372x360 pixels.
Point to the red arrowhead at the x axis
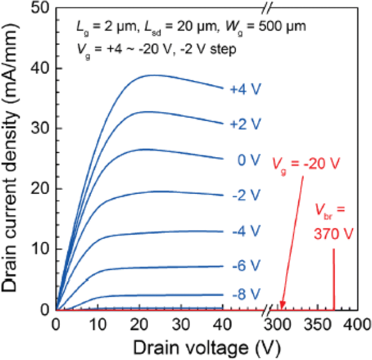click(282, 306)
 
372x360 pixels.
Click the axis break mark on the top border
click(267, 8)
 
